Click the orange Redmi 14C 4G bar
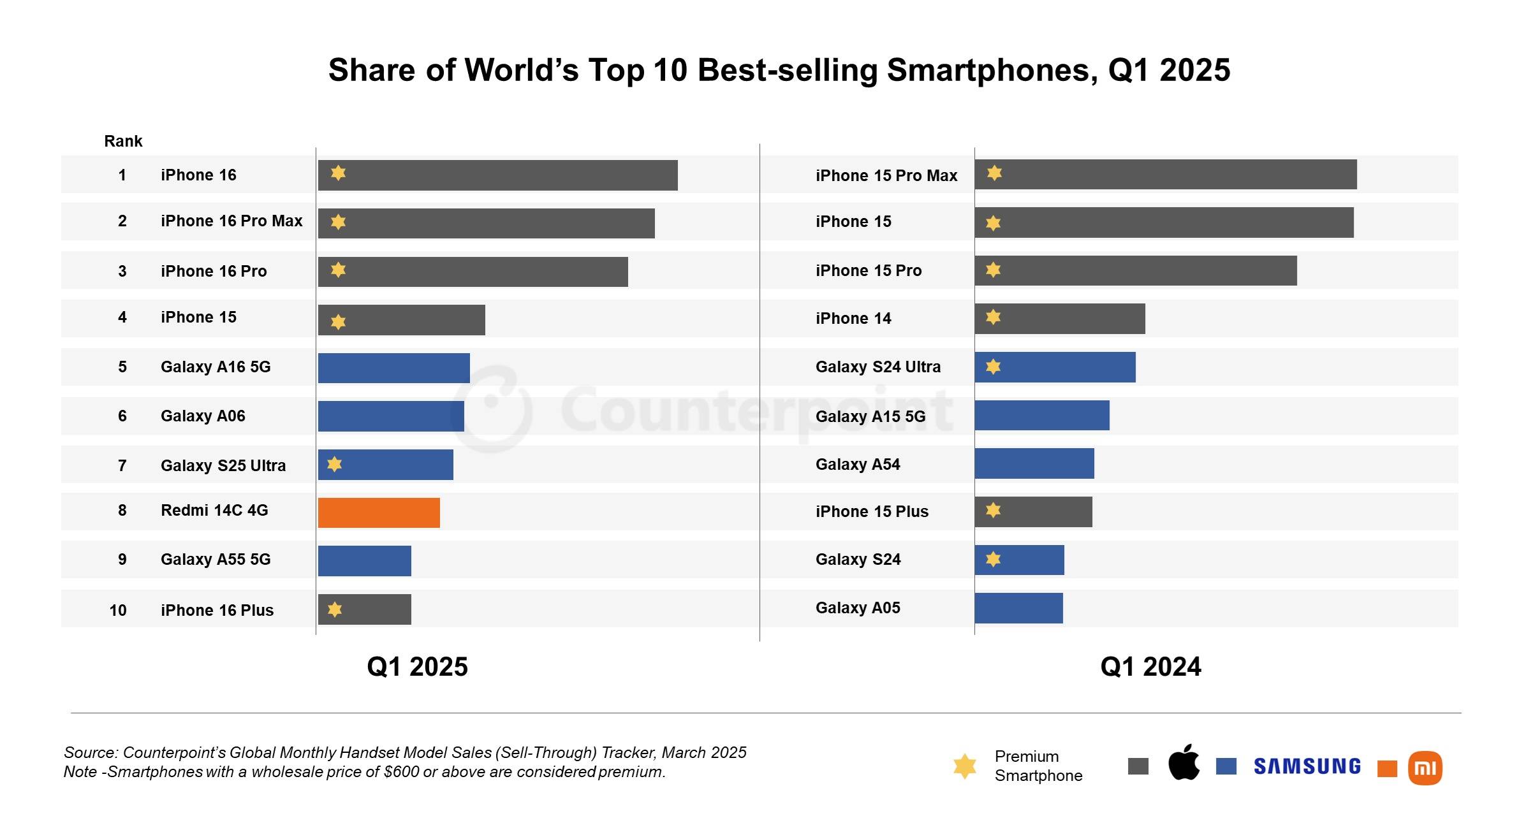(379, 513)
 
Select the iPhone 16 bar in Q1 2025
(497, 175)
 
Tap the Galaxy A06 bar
(391, 416)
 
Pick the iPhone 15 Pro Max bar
(1165, 174)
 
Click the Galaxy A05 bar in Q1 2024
(1018, 608)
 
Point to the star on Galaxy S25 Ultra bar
(334, 464)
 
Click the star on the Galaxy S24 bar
(993, 559)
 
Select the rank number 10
(118, 610)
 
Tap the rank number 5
(122, 367)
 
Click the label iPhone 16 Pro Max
(231, 221)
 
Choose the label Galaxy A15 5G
(870, 416)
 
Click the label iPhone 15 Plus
(872, 511)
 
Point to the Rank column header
(123, 141)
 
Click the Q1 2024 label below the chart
(1150, 667)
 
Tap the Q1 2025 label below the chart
(417, 667)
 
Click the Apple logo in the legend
(1184, 762)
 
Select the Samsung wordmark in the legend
(1307, 766)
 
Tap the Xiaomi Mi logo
(1425, 768)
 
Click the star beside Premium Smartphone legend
(964, 766)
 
